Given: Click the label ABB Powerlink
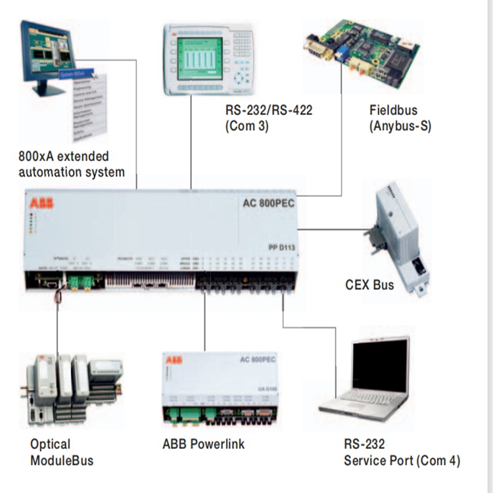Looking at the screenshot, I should pos(203,444).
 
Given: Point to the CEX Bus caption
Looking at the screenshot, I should pos(370,285).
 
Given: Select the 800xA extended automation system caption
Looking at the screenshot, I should pos(72,164).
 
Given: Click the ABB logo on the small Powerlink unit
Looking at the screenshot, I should pos(174,360).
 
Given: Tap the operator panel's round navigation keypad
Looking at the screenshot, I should pos(243,78).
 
